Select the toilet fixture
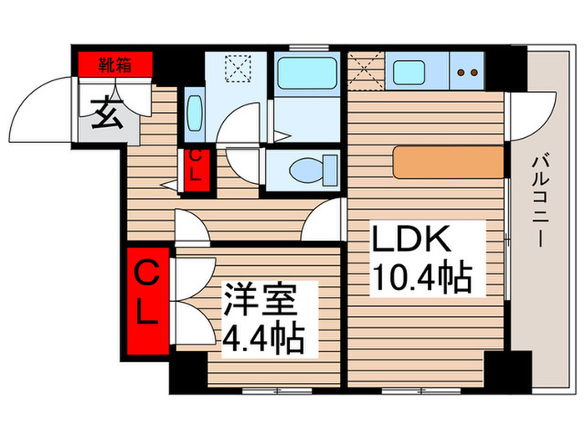(307, 171)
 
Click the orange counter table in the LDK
(448, 162)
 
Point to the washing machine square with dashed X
(237, 69)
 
